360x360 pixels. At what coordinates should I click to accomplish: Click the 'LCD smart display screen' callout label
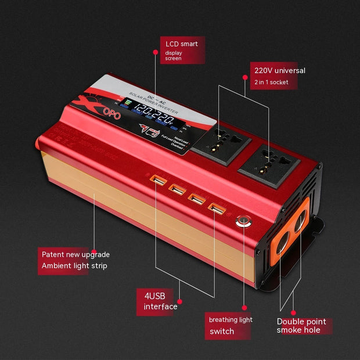point(181,51)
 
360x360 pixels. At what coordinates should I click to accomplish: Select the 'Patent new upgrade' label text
point(75,254)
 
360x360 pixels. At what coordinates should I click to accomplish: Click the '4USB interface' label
point(161,301)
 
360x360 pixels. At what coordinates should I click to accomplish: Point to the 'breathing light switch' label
point(230,325)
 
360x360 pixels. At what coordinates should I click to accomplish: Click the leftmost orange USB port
point(157,181)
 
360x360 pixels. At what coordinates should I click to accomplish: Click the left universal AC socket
point(221,143)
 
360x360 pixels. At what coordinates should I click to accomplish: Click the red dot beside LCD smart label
point(155,52)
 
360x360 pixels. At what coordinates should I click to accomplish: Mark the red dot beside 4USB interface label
point(180,301)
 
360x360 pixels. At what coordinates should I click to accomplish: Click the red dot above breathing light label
point(244,307)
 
